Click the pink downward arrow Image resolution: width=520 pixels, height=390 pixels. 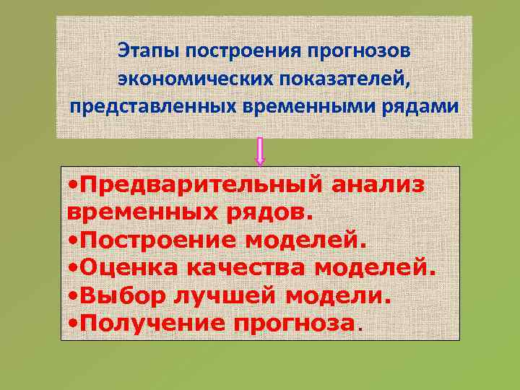[260, 152]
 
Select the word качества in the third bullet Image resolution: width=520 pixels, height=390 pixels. [244, 268]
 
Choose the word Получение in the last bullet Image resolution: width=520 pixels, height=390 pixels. [152, 323]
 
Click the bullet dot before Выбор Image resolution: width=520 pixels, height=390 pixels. [73, 296]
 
